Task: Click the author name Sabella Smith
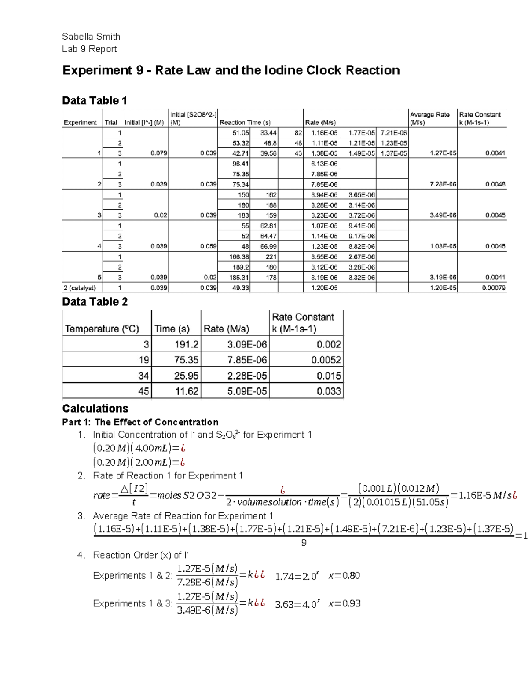click(91, 37)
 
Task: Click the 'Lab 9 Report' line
click(89, 49)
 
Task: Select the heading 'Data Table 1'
click(95, 101)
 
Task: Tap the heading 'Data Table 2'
click(95, 302)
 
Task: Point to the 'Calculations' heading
click(95, 408)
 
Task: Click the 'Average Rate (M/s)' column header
click(430, 118)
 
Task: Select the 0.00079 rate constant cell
click(493, 288)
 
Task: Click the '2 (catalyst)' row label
click(80, 288)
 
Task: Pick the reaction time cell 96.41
click(240, 164)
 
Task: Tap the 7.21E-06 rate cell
click(393, 133)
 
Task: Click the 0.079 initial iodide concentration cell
click(158, 153)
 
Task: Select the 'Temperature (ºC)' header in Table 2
click(102, 329)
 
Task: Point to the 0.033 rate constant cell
click(328, 391)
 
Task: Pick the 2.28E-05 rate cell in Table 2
click(247, 376)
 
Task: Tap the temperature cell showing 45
click(143, 391)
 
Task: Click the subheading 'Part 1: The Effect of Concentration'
click(140, 422)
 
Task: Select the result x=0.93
click(345, 603)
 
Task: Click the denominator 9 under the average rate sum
click(304, 543)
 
